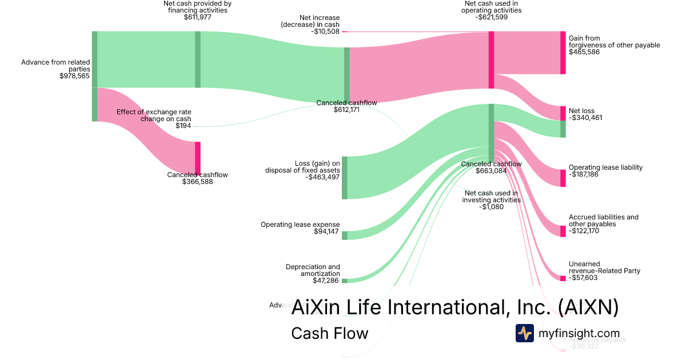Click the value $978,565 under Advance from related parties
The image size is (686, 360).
pyautogui.click(x=74, y=76)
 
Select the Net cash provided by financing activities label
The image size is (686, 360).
pyautogui.click(x=197, y=7)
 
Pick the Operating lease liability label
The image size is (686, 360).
pyautogui.click(x=605, y=167)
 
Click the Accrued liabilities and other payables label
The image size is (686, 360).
pyautogui.click(x=603, y=221)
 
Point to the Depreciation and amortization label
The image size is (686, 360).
pyautogui.click(x=312, y=270)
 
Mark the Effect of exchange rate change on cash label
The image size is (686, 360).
pyautogui.click(x=154, y=115)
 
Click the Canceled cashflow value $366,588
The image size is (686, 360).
pyautogui.click(x=197, y=182)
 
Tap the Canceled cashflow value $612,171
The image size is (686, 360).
pyautogui.click(x=346, y=110)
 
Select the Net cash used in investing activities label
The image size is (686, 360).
pyautogui.click(x=491, y=197)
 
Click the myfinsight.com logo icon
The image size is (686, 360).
pyautogui.click(x=524, y=333)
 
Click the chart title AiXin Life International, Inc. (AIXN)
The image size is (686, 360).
pyautogui.click(x=454, y=307)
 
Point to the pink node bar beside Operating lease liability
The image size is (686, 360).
pyautogui.click(x=563, y=178)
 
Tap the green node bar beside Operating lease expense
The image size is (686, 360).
pyautogui.click(x=345, y=235)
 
